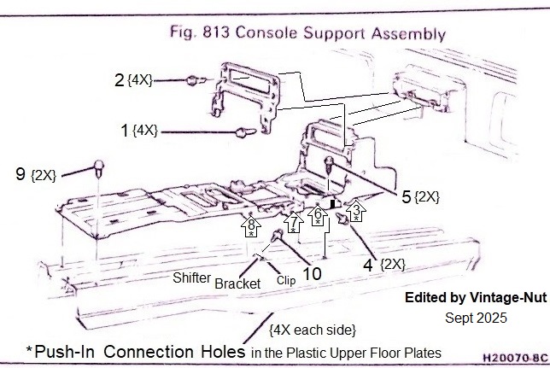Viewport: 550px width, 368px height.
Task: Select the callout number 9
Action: tap(20, 174)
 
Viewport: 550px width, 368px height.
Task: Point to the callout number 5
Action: tap(408, 196)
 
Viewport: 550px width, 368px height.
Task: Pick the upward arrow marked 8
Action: tap(252, 226)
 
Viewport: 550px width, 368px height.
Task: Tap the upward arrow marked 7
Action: tap(293, 222)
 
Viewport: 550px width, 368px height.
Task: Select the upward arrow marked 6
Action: tap(318, 217)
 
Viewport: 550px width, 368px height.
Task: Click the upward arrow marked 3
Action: tap(357, 208)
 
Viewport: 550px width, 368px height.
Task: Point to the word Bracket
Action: tap(237, 283)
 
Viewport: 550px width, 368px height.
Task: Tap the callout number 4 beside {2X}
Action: tap(368, 265)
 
